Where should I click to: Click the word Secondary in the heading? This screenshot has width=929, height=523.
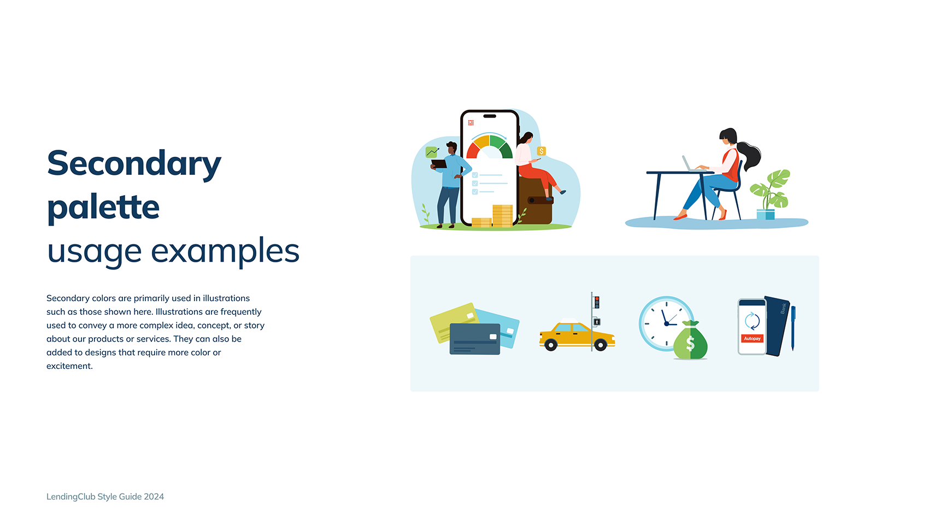pos(134,164)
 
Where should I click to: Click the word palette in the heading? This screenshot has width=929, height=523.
pos(103,208)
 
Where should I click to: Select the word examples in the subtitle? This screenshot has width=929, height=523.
pos(225,251)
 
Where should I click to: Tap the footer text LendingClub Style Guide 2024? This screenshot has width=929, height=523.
pos(105,497)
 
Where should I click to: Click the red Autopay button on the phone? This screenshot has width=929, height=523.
pos(752,339)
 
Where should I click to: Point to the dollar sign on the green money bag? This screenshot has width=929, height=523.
pos(690,344)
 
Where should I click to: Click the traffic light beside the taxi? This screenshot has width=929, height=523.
pos(597,302)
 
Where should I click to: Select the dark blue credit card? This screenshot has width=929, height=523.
pos(474,339)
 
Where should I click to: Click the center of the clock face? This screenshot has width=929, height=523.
pos(666,324)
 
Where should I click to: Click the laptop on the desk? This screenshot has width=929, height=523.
pos(690,164)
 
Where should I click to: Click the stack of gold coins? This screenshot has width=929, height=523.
pos(502,215)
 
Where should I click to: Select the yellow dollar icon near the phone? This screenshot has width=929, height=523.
pos(542,151)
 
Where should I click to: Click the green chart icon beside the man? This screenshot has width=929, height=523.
pos(432,152)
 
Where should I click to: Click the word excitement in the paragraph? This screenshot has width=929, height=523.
pos(69,366)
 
